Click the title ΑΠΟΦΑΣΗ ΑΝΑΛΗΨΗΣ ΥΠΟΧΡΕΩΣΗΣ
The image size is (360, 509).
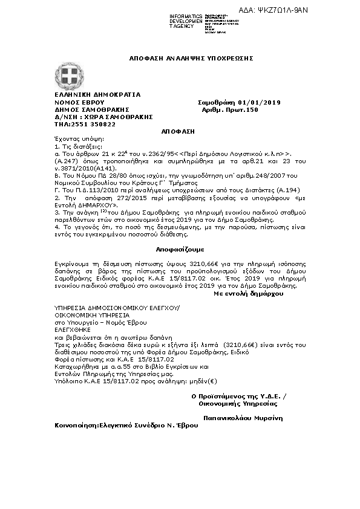[191, 58]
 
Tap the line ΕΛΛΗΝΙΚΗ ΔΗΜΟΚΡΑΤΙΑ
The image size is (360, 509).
[89, 95]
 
